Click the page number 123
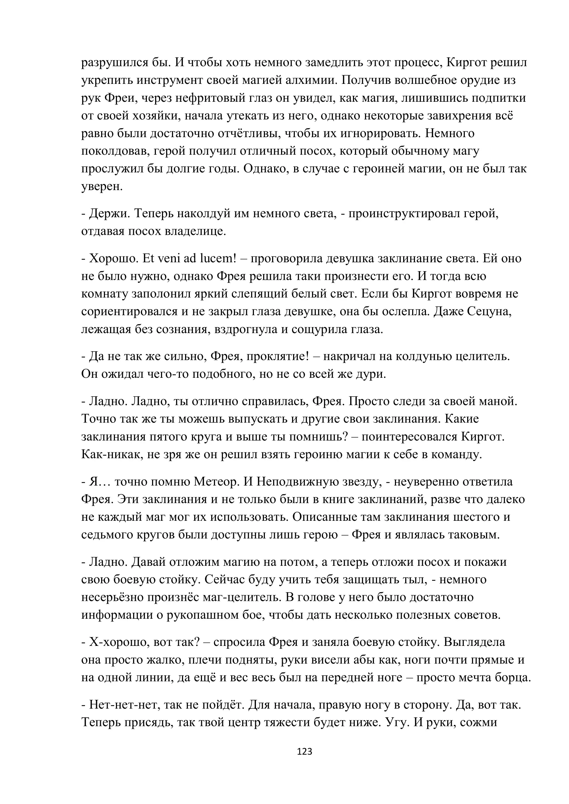[x=304, y=751]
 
